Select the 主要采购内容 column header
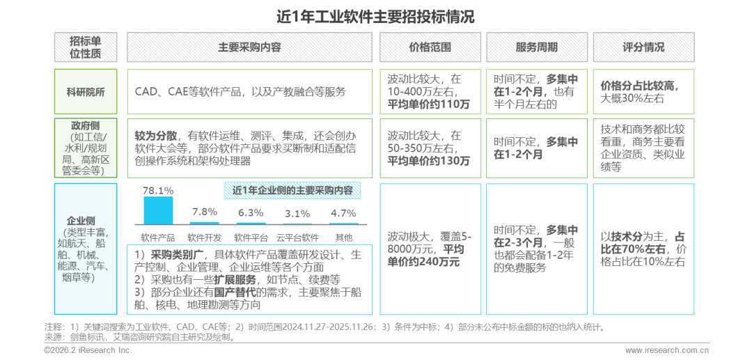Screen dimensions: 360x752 (249, 47)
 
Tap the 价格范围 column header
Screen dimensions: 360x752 (430, 47)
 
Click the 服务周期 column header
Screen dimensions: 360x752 (536, 47)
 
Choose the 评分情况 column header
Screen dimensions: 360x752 (643, 47)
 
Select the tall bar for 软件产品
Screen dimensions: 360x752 (158, 210)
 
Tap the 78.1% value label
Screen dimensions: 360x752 (158, 190)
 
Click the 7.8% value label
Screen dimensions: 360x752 (205, 212)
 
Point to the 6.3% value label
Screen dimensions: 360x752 (251, 213)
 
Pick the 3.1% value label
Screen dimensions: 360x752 (297, 214)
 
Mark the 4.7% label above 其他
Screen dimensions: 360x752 (343, 213)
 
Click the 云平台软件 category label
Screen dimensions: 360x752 (297, 237)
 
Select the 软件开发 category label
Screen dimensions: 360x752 (205, 237)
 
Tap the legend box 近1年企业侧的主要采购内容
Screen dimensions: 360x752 (292, 190)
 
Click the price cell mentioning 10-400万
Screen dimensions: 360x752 (430, 92)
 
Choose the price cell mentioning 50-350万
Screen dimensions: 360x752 (430, 148)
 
